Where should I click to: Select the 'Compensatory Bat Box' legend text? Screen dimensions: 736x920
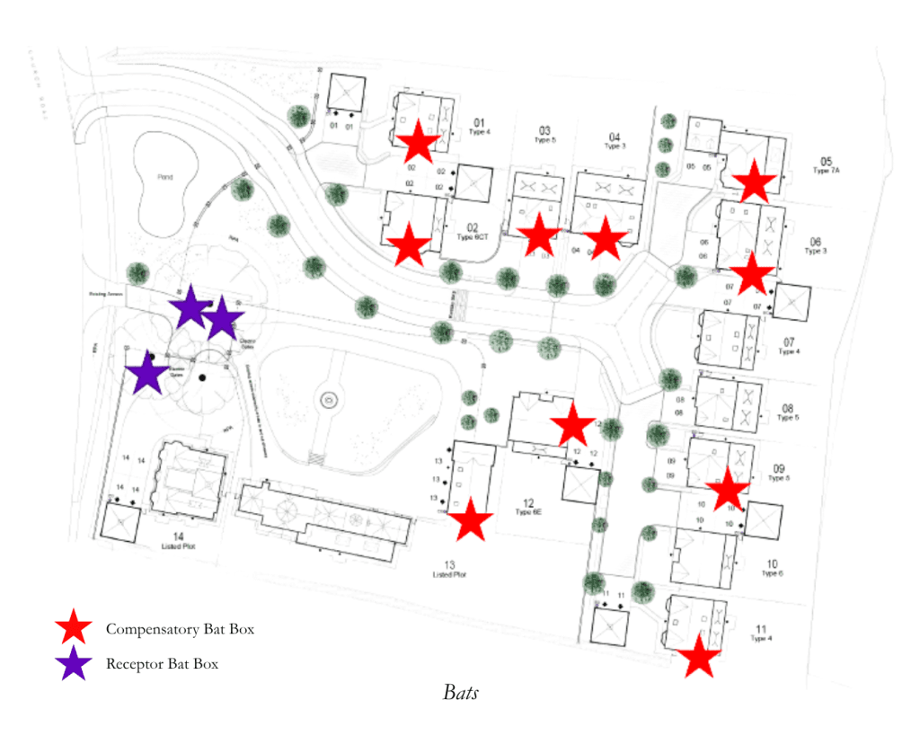point(180,629)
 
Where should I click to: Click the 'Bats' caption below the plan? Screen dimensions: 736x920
point(460,693)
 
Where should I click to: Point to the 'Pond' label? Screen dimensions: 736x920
point(164,177)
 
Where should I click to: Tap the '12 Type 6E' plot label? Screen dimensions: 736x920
point(529,508)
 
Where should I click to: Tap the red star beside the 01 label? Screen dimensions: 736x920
point(419,141)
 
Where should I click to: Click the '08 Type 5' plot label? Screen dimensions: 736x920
point(787,412)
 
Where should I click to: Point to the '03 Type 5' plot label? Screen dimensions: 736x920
point(544,135)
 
